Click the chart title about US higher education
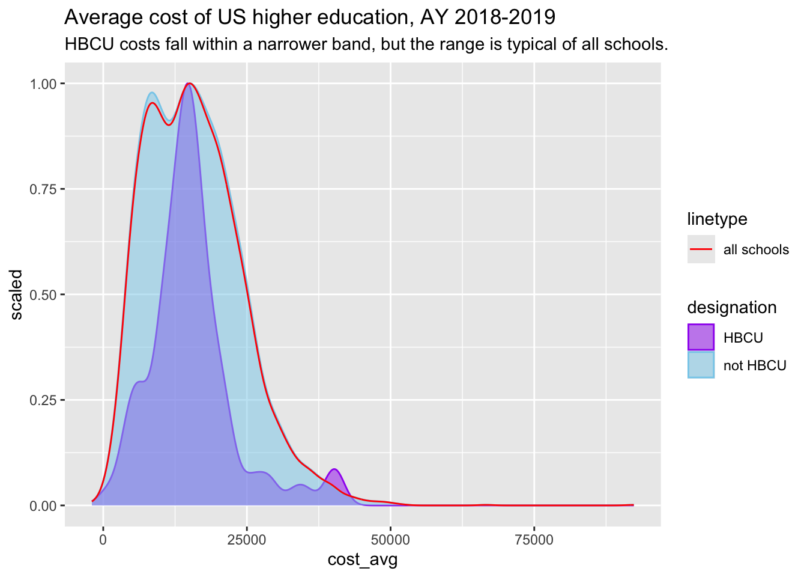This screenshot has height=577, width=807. pos(309,18)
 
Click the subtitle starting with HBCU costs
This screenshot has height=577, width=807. pos(366,44)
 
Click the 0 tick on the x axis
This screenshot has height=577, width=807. pos(103,540)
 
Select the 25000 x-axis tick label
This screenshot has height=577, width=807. pos(247,540)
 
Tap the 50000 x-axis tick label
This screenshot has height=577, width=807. pos(390,540)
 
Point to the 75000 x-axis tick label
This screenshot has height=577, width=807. pos(534,540)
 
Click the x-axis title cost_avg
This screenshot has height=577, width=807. pos(362,560)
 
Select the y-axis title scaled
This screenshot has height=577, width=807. pos(16,295)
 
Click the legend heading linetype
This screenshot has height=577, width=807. pos(717,219)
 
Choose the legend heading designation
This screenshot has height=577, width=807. pos(731,308)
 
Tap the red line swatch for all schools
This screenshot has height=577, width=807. pos(701,249)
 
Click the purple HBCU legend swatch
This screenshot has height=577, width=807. pos(701,337)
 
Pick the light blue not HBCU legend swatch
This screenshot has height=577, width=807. pos(701,365)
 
